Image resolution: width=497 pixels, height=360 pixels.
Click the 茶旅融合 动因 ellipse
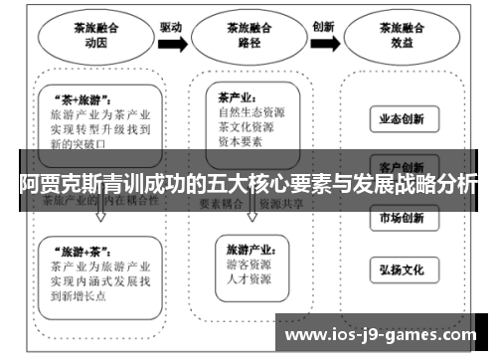(x=95, y=37)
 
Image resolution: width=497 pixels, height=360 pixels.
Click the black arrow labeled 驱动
(x=172, y=43)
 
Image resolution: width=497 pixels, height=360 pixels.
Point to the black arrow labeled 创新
(x=323, y=43)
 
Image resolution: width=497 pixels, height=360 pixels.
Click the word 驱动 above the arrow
(x=171, y=28)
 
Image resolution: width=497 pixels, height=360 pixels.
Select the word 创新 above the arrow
(x=323, y=28)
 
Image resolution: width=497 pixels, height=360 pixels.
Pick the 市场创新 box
(x=402, y=218)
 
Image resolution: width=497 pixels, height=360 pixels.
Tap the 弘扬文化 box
(x=402, y=269)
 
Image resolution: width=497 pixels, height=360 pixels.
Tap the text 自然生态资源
(x=252, y=113)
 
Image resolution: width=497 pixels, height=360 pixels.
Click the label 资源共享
(x=280, y=202)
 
